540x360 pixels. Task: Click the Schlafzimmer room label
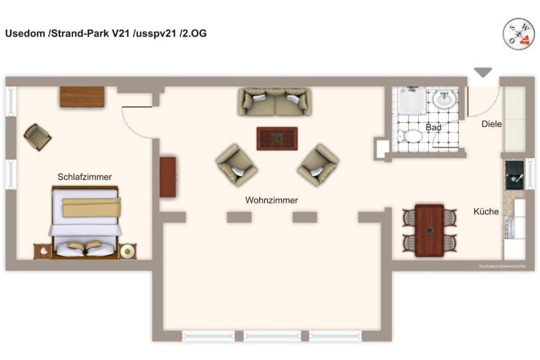click(x=84, y=177)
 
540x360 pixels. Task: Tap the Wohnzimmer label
click(x=272, y=200)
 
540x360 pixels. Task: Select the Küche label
click(x=486, y=211)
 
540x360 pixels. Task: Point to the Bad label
click(x=433, y=128)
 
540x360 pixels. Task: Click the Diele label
click(x=491, y=124)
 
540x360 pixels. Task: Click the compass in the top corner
click(x=518, y=34)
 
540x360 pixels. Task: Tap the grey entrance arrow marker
click(x=483, y=72)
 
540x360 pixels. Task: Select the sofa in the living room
click(x=275, y=102)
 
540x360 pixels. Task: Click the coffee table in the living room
click(x=277, y=139)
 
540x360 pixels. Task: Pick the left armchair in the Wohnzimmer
click(x=236, y=165)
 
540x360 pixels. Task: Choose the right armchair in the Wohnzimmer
click(x=318, y=165)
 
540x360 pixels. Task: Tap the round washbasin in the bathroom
click(x=444, y=100)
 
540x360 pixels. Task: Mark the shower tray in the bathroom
click(x=412, y=100)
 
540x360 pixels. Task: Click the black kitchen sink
click(x=515, y=175)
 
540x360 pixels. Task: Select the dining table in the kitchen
click(x=429, y=230)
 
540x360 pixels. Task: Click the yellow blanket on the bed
click(x=92, y=207)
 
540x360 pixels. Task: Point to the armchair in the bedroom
click(x=37, y=137)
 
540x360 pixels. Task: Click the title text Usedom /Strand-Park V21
click(x=67, y=33)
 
